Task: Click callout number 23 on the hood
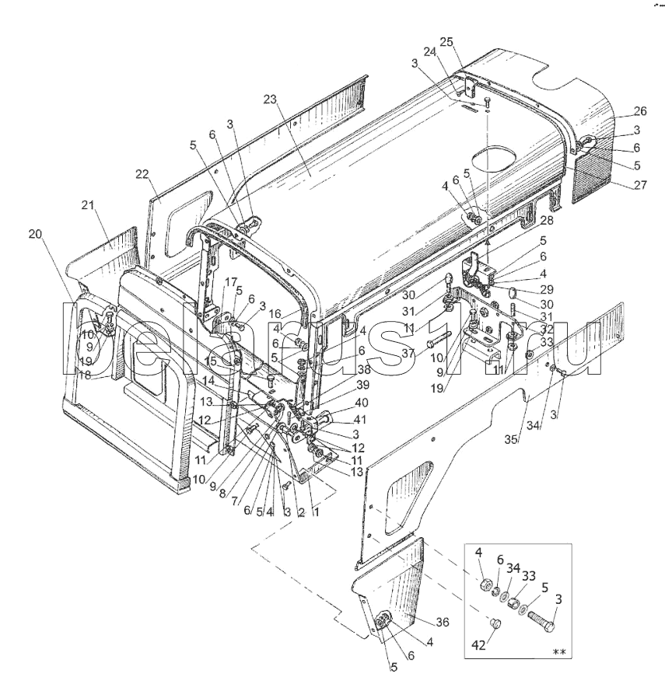tap(271, 99)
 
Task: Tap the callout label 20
tap(35, 234)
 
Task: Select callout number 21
tap(88, 205)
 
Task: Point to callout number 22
tap(142, 175)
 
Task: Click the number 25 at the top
tap(446, 42)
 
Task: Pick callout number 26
tap(640, 111)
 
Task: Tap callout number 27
tap(640, 184)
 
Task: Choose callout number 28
tap(546, 220)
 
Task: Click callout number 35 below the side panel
tap(511, 439)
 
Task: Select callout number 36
tap(443, 622)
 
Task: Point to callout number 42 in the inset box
tap(478, 646)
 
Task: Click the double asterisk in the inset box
tap(558, 652)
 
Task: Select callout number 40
tap(361, 403)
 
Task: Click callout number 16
tap(275, 314)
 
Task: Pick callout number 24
tap(429, 52)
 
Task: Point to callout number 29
tap(546, 290)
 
